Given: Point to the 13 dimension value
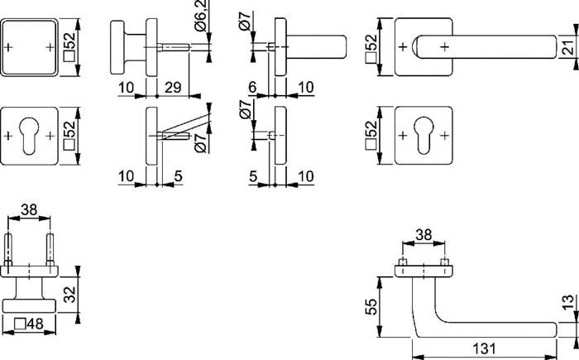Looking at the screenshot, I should click(567, 306).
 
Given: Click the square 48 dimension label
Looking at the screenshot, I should click(31, 324).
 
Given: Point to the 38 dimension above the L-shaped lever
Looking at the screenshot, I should click(423, 235).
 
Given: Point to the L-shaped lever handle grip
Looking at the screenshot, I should click(488, 329).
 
